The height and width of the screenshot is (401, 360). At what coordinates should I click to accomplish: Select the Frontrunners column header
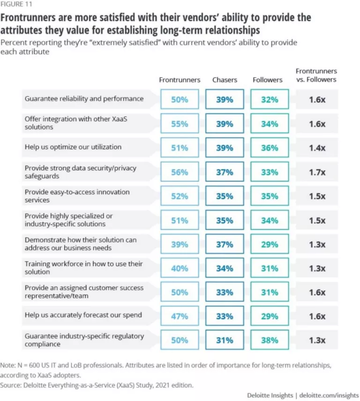[180, 80]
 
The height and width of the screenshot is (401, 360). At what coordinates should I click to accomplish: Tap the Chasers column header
[225, 80]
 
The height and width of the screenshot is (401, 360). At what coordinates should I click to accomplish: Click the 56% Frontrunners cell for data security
[180, 172]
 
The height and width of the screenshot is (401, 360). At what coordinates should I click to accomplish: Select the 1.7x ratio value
[317, 172]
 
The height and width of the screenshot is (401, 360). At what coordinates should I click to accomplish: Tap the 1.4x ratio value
[317, 148]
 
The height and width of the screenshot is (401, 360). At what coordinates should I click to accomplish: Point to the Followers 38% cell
[270, 340]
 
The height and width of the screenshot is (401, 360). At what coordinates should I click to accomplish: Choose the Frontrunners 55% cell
[180, 124]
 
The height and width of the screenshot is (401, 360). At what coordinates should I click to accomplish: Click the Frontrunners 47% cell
[180, 316]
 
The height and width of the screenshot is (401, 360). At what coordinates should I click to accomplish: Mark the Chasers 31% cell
[225, 340]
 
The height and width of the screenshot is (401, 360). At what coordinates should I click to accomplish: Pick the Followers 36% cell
[270, 148]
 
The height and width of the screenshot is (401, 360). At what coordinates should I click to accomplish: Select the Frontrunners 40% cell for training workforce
[180, 268]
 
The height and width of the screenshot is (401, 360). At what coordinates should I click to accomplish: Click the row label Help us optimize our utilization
[73, 147]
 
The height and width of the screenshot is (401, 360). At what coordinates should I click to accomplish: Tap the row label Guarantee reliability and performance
[84, 99]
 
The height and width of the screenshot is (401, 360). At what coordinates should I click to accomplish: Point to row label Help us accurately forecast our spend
[82, 315]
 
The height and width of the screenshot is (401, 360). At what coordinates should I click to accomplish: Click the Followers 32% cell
[270, 99]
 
